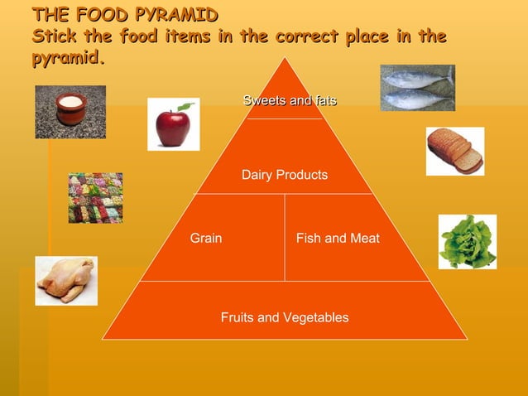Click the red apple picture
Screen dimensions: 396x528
(x=172, y=128)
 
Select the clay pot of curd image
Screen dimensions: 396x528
(x=70, y=110)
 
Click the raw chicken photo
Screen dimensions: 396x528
(x=65, y=280)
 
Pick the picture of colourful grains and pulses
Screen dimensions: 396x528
(x=94, y=197)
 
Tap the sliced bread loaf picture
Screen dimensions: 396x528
(x=454, y=151)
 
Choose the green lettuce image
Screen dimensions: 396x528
(x=468, y=241)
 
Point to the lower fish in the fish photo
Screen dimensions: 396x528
(x=417, y=100)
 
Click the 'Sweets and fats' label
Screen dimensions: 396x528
(x=290, y=101)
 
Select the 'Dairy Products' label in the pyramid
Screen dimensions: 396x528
(x=284, y=175)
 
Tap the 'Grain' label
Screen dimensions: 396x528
(x=206, y=239)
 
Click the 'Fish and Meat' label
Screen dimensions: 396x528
(x=338, y=239)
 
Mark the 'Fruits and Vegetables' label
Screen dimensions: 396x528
(x=284, y=318)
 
